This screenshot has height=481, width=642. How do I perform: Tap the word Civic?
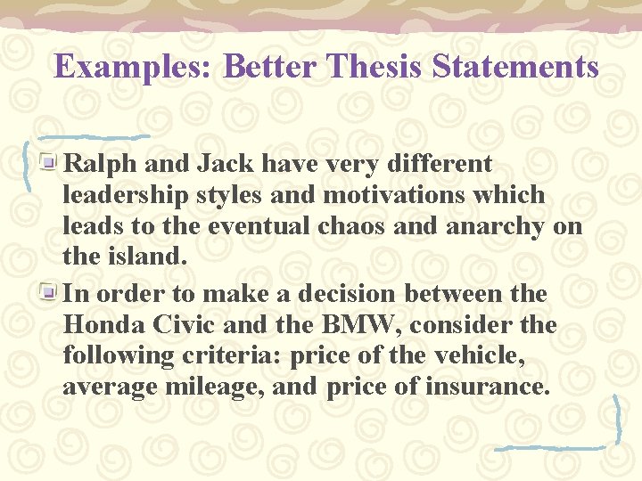coord(182,325)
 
